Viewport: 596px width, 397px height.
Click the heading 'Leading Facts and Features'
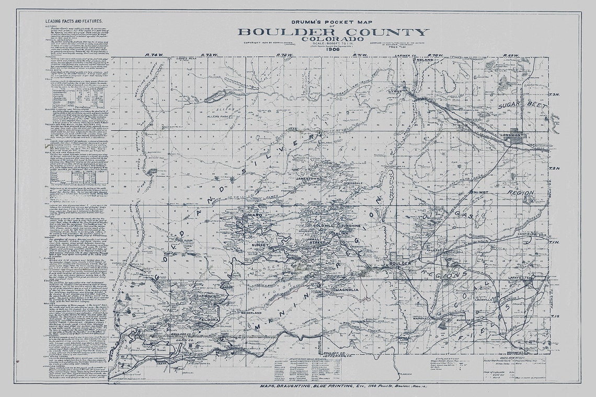[74, 21]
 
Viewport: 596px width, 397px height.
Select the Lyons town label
[394, 91]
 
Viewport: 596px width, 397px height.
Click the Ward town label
[256, 215]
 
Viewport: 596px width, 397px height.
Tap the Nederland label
[250, 312]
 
